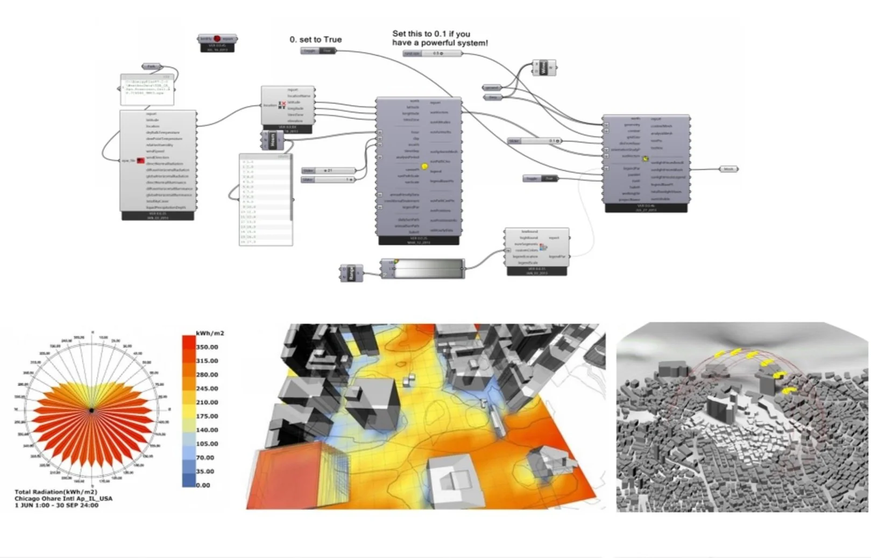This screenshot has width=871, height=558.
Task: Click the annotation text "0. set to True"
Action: (x=315, y=39)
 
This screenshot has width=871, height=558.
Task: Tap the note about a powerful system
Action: (x=440, y=38)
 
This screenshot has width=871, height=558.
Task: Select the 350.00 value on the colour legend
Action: (x=207, y=347)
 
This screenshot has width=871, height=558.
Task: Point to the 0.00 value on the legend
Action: (x=203, y=485)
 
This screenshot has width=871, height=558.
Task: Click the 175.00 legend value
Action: (x=207, y=416)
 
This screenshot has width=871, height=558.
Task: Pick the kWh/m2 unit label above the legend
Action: (x=209, y=333)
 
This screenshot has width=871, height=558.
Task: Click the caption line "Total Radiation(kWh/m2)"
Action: (x=56, y=492)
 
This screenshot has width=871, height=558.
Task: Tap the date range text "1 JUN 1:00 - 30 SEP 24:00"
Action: (x=56, y=505)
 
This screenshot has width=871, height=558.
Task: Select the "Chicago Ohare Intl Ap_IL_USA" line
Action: (x=63, y=499)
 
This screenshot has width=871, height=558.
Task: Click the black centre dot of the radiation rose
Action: (x=92, y=410)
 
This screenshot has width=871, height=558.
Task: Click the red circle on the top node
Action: (x=217, y=39)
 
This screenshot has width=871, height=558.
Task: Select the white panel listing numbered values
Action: (x=266, y=200)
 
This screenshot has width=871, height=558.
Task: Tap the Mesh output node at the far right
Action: (x=728, y=169)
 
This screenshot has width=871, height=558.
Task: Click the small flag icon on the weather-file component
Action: (x=140, y=161)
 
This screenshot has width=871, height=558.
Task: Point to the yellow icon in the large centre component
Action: (x=424, y=167)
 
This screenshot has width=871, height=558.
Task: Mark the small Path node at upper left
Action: (x=151, y=67)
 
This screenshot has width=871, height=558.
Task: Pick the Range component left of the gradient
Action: (x=351, y=273)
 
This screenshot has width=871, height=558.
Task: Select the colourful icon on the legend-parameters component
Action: (x=543, y=247)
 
